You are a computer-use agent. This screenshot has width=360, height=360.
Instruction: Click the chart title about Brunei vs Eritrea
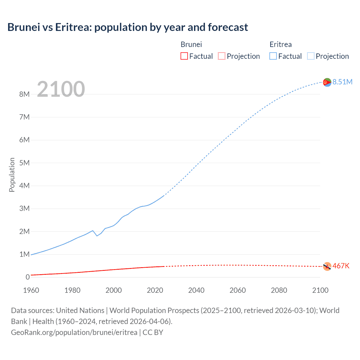pos(128,27)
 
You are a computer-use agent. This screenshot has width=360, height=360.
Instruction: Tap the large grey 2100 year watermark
pos(61,89)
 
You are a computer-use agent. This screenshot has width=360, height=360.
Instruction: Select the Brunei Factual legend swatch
pos(184,56)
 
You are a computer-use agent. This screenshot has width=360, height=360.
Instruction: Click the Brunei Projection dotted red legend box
pos(222,56)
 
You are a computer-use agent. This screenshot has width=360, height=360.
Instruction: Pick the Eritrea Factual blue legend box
pos(273,56)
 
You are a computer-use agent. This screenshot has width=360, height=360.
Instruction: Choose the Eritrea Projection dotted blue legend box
pos(310,56)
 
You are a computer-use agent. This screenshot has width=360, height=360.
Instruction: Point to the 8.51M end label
pos(342,82)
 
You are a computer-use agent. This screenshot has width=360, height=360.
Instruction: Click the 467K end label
pos(341,266)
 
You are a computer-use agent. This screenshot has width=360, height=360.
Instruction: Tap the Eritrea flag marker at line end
pos(327,82)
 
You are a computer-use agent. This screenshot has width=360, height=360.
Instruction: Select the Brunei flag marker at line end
pos(327,266)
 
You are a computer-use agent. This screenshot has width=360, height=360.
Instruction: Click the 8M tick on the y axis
pos(24,94)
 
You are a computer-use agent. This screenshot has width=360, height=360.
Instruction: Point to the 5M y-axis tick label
pos(24,163)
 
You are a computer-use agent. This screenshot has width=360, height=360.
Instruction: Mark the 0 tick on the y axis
pos(28,277)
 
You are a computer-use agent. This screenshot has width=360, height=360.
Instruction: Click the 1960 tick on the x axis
pos(31,290)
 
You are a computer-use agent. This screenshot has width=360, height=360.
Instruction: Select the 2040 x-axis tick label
pos(196,290)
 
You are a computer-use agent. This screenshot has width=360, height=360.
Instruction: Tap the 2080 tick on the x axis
pos(279,290)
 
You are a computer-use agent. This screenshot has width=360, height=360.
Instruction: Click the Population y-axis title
pos(12,175)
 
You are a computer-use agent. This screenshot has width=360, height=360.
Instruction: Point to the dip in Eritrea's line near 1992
pos(97,236)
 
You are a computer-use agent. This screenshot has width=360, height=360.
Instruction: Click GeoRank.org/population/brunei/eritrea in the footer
pos(74,332)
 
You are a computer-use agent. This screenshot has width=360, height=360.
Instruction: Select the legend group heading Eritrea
pos(280,44)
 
